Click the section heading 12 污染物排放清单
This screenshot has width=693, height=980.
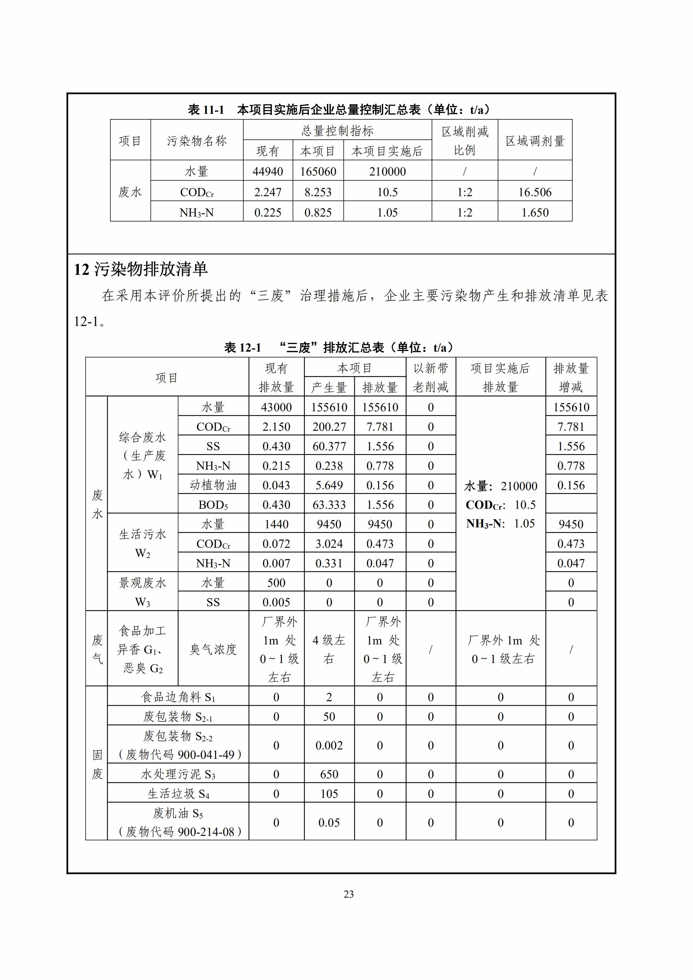point(141,269)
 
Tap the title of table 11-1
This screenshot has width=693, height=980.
point(339,110)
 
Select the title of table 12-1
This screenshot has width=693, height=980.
point(339,348)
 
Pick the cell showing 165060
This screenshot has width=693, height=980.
point(318,172)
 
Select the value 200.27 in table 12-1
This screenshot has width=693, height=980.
point(329,427)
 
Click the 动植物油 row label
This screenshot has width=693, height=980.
point(213,485)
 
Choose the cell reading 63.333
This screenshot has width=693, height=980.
point(329,505)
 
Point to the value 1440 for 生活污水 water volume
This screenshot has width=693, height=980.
point(276,524)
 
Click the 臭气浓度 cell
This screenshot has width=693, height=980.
point(213,649)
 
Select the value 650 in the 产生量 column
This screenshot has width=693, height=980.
point(329,774)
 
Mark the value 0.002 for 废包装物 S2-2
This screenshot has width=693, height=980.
point(329,746)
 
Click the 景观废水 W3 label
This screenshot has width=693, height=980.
point(143,592)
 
